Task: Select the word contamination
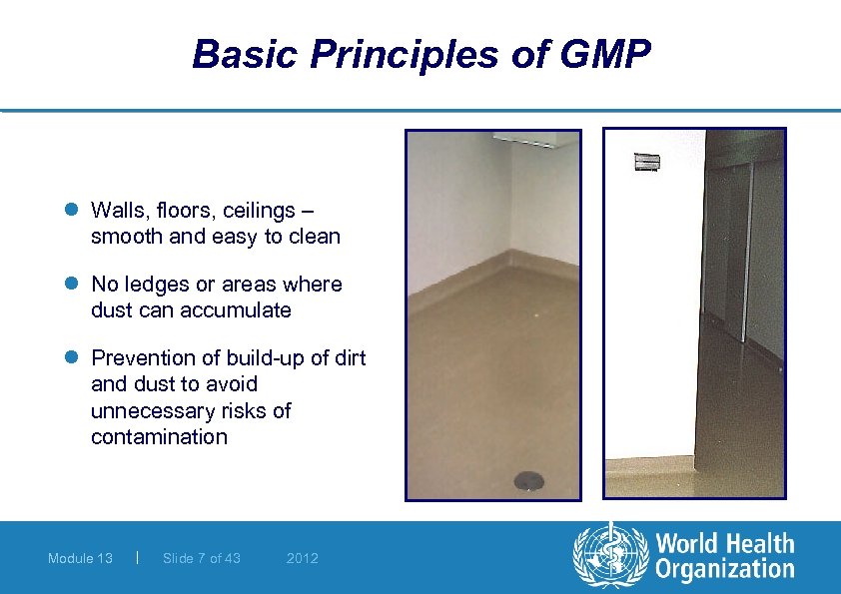[x=159, y=436]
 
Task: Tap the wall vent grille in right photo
[x=648, y=161]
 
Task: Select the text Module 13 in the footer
[x=80, y=558]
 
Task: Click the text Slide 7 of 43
[x=201, y=558]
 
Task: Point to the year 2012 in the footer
[x=302, y=558]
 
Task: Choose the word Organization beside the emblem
[x=725, y=570]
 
